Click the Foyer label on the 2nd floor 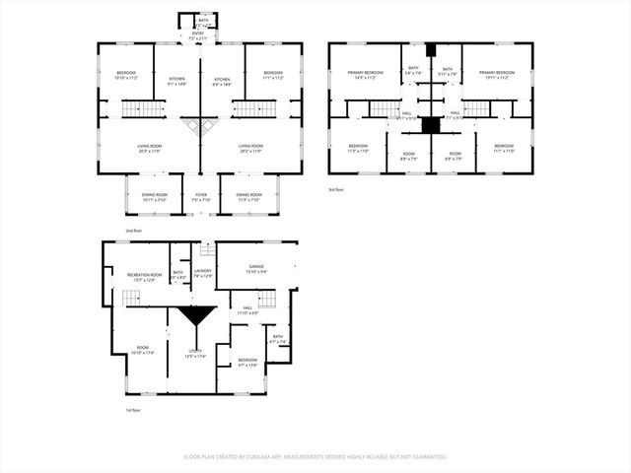pos(201,197)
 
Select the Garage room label pos(256,269)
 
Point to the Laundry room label pos(203,273)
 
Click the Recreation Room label pos(143,278)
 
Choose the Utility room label pos(195,354)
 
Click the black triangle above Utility pos(196,317)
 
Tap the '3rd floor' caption pos(336,189)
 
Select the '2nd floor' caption pos(133,231)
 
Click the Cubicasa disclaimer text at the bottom pos(315,457)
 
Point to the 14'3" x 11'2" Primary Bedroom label pos(364,75)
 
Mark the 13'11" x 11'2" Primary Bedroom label pos(490,75)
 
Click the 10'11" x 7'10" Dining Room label pos(154,197)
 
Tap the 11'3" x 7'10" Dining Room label pos(248,197)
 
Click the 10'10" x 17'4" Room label pos(143,350)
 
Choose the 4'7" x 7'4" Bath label pos(278,340)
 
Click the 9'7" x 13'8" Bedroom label pos(247,363)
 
